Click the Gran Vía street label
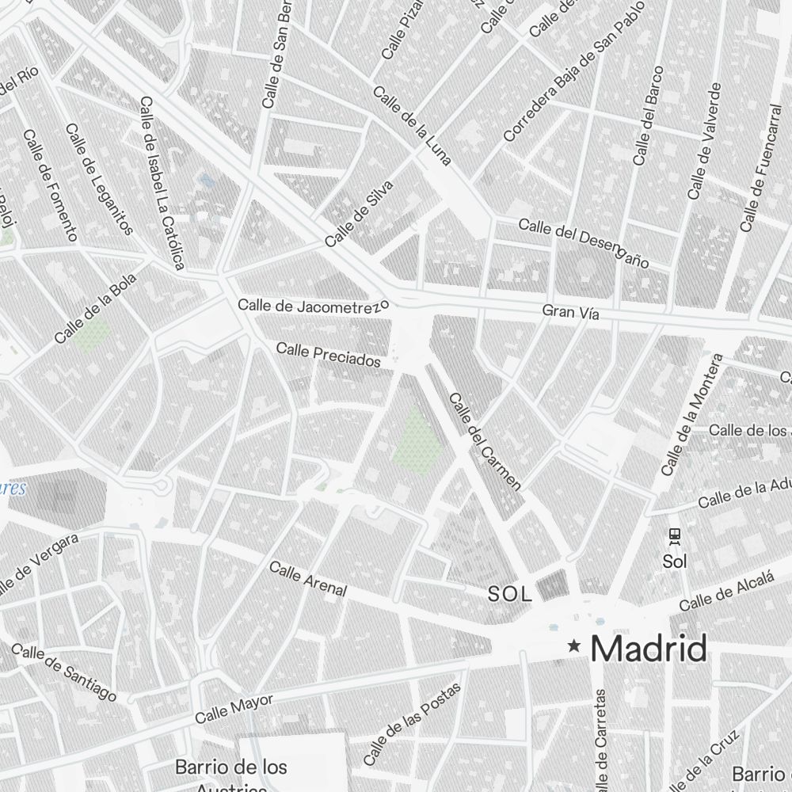[570, 313]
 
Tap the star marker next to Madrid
[575, 648]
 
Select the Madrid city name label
[649, 649]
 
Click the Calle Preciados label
[329, 354]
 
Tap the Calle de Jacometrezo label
[314, 305]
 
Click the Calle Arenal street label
[308, 578]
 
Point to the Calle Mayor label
[234, 709]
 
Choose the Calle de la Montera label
[693, 415]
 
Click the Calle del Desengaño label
[584, 242]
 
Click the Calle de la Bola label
[96, 309]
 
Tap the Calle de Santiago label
[64, 672]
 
